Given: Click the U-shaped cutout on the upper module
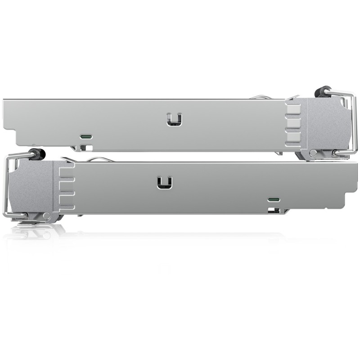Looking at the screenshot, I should [174, 119].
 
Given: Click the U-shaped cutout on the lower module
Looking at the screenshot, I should [165, 182].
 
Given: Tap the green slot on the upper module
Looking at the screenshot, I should [85, 136].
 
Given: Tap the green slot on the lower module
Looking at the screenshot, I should [273, 199].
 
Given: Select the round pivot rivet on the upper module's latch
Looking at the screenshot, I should [313, 153].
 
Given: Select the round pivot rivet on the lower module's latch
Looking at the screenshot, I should [47, 216].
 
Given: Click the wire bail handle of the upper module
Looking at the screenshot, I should [355, 121].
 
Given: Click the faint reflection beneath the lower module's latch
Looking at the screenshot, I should [36, 232].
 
